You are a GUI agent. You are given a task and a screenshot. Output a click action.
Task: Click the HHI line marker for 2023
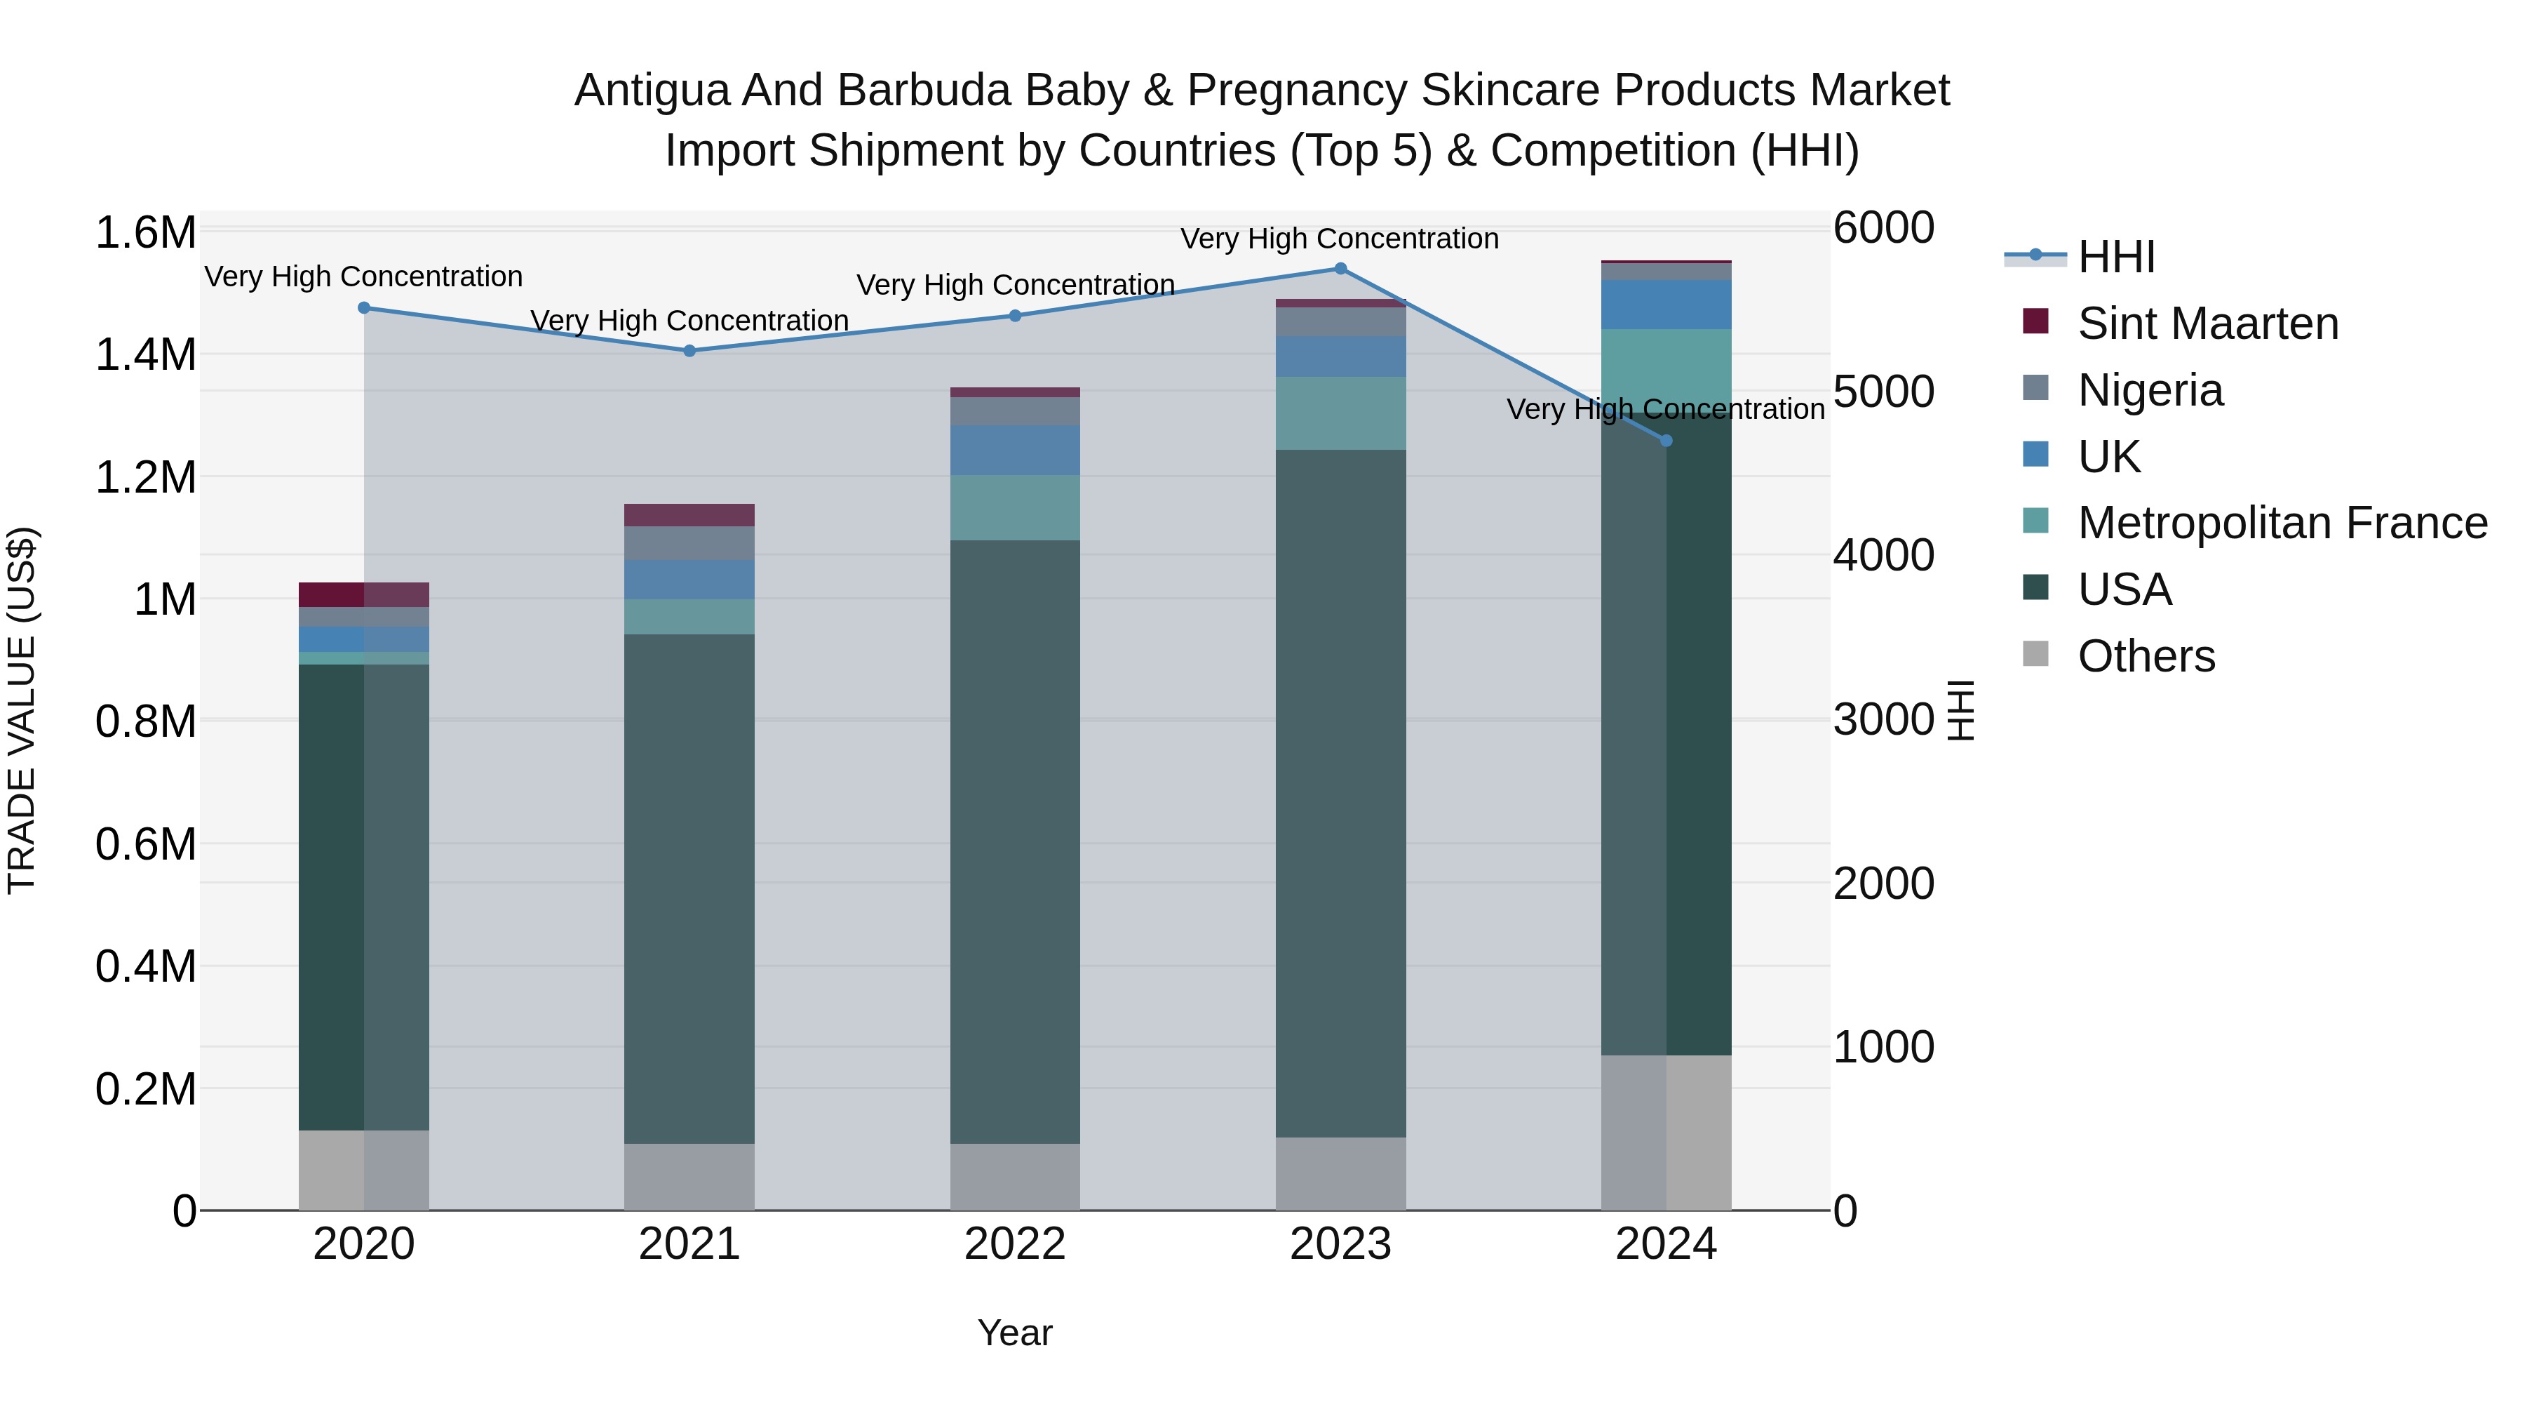pos(1340,269)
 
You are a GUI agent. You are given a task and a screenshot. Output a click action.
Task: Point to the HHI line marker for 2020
pos(363,308)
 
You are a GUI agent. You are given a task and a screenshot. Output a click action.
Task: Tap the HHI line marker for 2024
pos(1666,441)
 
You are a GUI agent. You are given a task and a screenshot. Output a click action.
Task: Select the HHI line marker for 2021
pos(689,351)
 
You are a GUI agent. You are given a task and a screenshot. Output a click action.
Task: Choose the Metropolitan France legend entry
pos(2281,523)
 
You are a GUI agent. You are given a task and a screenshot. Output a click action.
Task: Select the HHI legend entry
pos(2115,257)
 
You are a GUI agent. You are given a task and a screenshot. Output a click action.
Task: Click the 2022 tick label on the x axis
pos(1014,1244)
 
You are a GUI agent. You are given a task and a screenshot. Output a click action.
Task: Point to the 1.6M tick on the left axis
pos(145,234)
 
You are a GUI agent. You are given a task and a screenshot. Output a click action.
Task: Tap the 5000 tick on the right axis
pos(1883,392)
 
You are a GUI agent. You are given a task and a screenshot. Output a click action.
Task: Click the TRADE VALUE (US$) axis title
pos(22,710)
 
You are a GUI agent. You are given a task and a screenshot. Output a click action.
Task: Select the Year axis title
pos(1014,1333)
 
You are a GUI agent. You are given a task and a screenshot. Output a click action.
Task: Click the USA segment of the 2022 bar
pos(1014,841)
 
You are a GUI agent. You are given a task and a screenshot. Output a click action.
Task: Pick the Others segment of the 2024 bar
pos(1666,1133)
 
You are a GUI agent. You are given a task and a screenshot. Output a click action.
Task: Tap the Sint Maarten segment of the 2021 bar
pos(689,515)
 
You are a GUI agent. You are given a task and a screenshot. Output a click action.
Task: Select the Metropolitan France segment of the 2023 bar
pos(1340,413)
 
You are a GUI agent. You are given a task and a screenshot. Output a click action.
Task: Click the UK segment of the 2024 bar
pos(1666,304)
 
